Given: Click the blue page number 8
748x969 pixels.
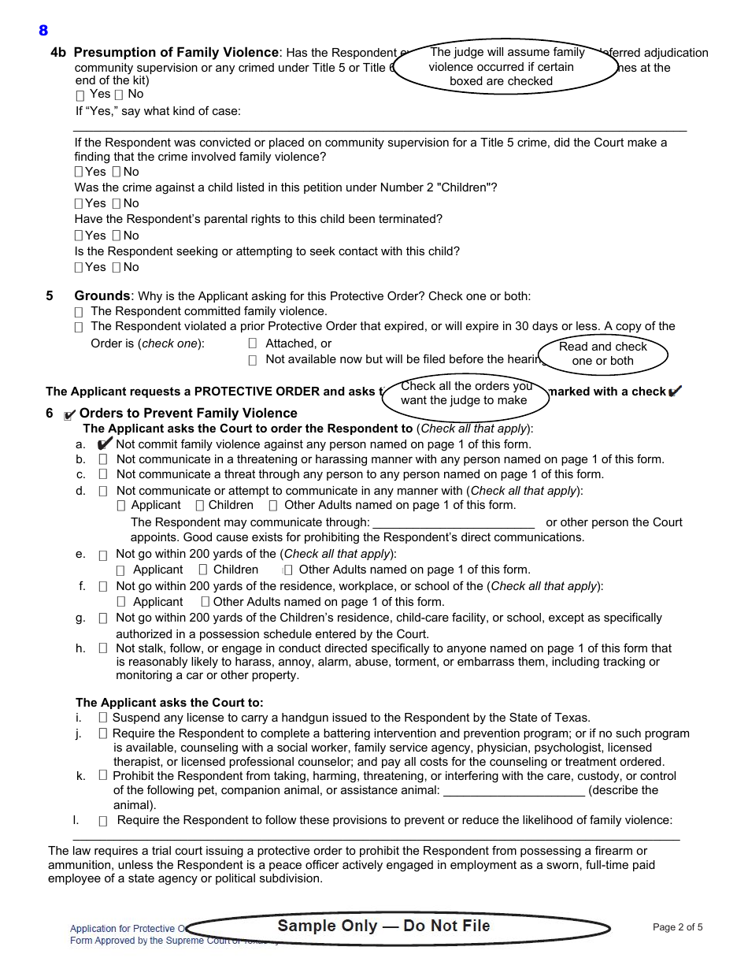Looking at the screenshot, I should tap(43, 31).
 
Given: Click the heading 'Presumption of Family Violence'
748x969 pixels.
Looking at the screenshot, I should tap(176, 53).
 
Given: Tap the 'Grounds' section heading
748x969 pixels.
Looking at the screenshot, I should tap(102, 296).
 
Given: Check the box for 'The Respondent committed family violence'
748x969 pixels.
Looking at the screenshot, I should tap(79, 312).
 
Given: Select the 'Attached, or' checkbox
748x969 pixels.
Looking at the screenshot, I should tap(253, 343).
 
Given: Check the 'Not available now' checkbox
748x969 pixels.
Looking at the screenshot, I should tap(253, 360).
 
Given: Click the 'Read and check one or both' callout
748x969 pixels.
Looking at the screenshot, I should tap(602, 354).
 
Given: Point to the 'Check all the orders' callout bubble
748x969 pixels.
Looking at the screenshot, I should tap(465, 393).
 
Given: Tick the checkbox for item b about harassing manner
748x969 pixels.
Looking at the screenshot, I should tap(103, 459).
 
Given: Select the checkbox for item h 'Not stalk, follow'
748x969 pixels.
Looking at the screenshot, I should tap(103, 648).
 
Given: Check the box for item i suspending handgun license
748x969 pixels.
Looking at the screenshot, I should tap(103, 718).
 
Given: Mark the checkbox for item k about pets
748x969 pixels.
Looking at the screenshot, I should tap(103, 776).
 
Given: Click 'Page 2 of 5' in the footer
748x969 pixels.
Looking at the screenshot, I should tap(677, 927).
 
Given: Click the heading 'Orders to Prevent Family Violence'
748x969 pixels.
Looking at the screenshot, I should tap(188, 414).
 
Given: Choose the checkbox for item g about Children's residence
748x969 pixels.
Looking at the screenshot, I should tap(103, 618).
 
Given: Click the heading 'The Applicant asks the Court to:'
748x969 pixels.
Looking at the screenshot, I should tap(169, 703).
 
